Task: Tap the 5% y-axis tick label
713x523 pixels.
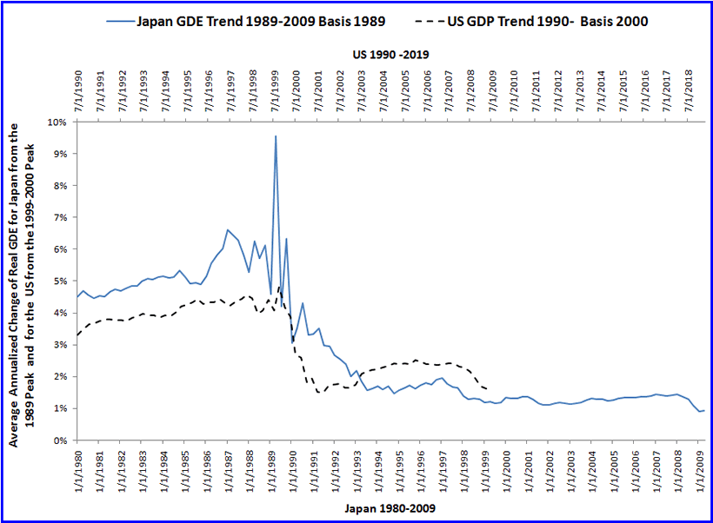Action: [x=60, y=281]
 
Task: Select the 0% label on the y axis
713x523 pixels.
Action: [x=60, y=440]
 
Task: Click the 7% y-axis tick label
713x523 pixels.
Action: [x=60, y=218]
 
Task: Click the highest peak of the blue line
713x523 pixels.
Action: [x=276, y=136]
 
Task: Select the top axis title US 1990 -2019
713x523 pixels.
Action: [x=390, y=54]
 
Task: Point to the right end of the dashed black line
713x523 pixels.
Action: [x=487, y=388]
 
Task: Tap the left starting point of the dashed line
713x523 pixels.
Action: [x=77, y=335]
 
